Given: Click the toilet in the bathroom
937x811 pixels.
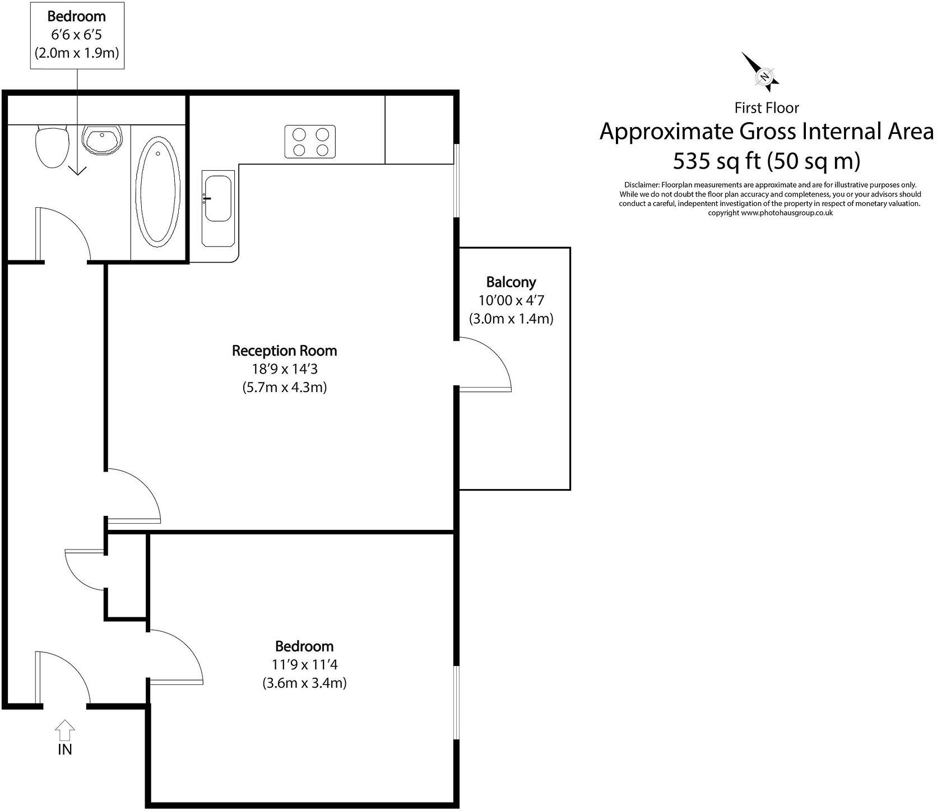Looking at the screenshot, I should coord(52,147).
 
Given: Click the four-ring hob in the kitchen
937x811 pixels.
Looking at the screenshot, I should coord(310,142).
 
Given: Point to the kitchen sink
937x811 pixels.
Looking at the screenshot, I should coord(217,211).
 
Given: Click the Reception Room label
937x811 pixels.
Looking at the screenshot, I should coord(284,351).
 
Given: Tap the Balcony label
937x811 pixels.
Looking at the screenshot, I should coord(511,282).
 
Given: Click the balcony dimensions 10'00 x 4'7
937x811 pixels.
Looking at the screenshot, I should coord(511,301).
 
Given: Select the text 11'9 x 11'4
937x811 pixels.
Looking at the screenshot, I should coord(304,665).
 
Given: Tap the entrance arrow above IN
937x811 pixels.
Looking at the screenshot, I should coord(65,729).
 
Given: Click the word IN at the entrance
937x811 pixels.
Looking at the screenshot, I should coord(65,749).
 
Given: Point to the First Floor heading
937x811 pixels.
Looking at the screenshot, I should coord(766,108).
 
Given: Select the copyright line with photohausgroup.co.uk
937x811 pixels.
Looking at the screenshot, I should coord(770,213).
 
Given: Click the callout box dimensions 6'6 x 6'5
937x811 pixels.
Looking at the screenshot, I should coord(77,35).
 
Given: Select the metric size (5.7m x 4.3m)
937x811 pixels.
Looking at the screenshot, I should coord(284,388).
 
